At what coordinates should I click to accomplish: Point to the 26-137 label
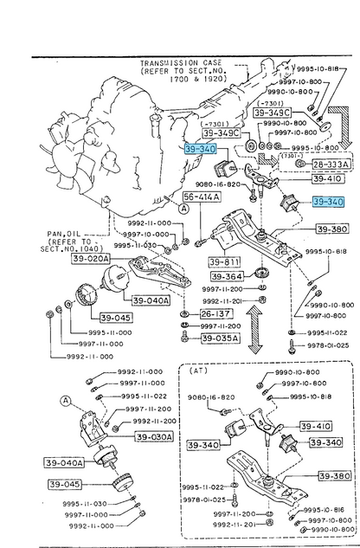[x=217, y=314]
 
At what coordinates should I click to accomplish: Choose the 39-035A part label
[x=221, y=338]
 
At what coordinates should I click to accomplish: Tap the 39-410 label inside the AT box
[x=316, y=426]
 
